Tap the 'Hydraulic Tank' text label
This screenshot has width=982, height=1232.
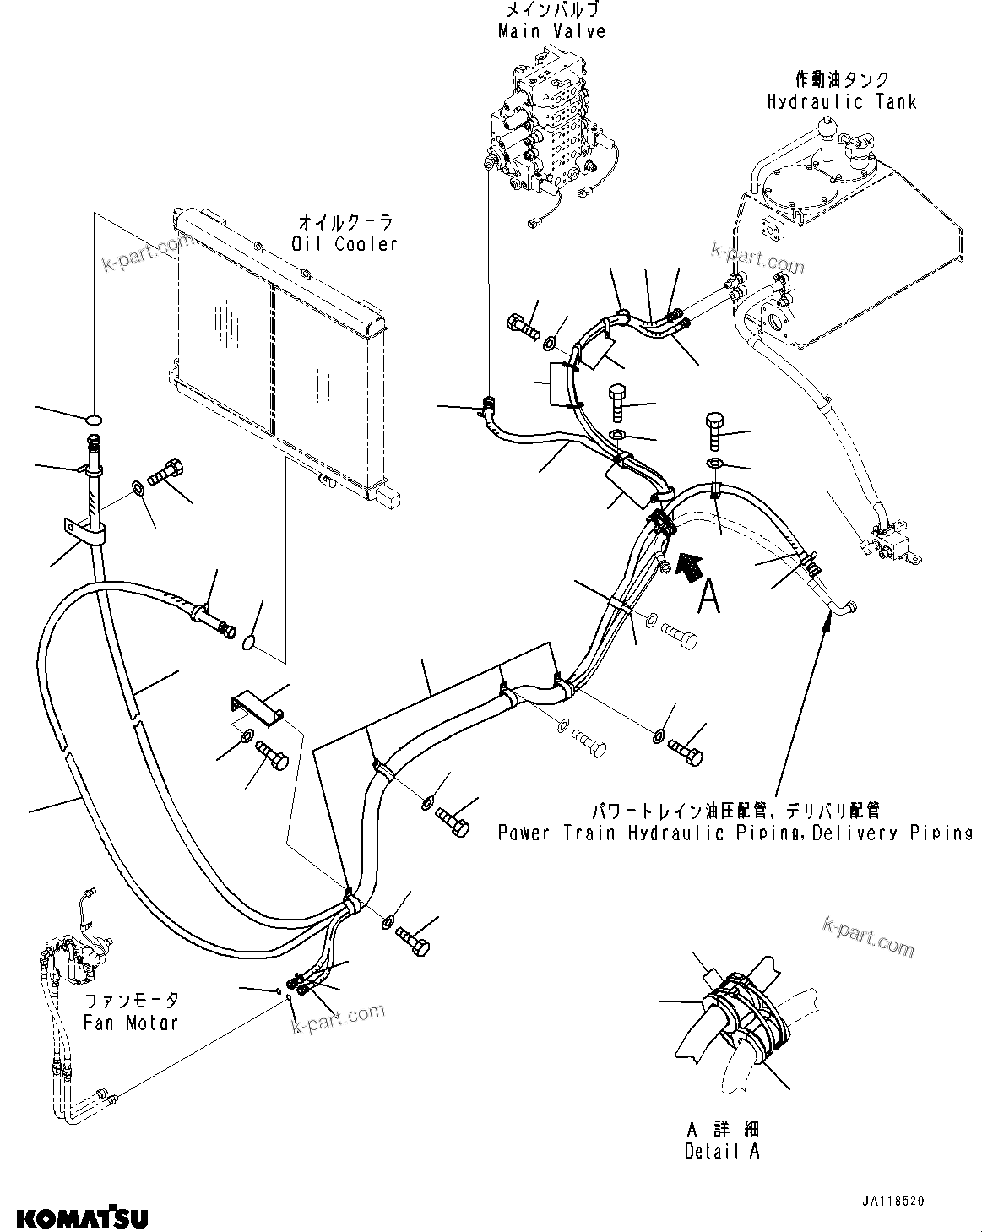[841, 102]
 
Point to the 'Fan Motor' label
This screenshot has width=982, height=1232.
[131, 1022]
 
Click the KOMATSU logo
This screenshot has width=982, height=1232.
[82, 1218]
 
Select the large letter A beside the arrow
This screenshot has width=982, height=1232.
[709, 597]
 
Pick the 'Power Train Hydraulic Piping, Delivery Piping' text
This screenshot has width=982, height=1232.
[735, 833]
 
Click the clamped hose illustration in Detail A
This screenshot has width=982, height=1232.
[743, 1013]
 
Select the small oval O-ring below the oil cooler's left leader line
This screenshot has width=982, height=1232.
[95, 417]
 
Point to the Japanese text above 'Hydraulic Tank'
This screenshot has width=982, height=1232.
[842, 80]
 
